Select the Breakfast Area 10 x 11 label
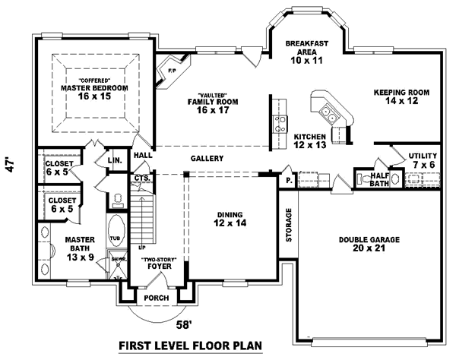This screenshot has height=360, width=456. click(306, 52)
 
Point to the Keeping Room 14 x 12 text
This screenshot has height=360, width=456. click(401, 97)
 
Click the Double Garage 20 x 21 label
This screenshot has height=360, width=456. click(369, 243)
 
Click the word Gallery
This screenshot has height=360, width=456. click(207, 159)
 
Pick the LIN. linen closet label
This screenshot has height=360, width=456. click(115, 161)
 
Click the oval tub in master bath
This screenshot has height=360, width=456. click(116, 229)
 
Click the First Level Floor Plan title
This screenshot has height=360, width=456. click(190, 346)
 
